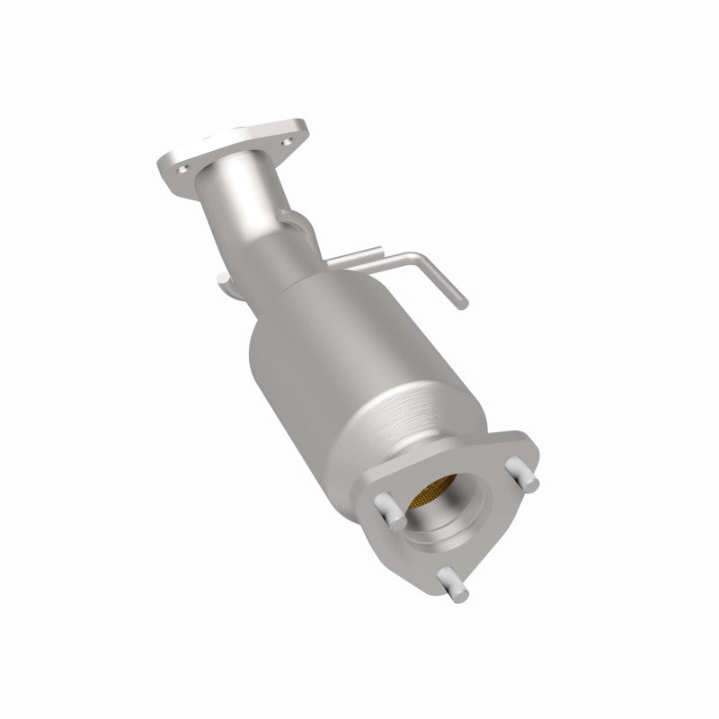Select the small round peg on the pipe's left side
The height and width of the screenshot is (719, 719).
pos(222,283)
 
